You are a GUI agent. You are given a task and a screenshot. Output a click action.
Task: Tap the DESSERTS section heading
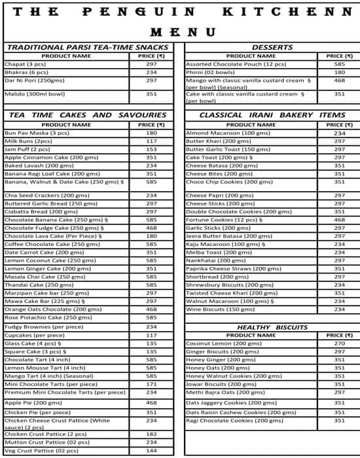point(272,47)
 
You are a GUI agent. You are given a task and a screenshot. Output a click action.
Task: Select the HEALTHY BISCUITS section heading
point(272,326)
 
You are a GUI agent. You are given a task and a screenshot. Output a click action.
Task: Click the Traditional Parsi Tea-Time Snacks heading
point(87,47)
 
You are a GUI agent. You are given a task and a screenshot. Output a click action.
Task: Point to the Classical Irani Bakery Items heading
point(272,115)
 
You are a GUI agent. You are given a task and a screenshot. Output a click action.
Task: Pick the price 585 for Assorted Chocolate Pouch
point(339,64)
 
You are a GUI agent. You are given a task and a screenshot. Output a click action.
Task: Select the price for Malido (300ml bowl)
point(151,94)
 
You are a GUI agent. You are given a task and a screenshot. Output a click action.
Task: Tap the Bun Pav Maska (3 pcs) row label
point(37,133)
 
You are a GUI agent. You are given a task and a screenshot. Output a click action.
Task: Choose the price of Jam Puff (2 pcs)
point(151,149)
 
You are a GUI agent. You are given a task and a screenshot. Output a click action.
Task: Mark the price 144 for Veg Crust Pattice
point(151,451)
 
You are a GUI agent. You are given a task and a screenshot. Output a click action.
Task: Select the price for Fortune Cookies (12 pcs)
point(339,220)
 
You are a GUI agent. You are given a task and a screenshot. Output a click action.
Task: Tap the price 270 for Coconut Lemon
point(339,343)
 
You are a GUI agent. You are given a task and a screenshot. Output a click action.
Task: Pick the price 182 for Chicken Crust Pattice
point(151,434)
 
